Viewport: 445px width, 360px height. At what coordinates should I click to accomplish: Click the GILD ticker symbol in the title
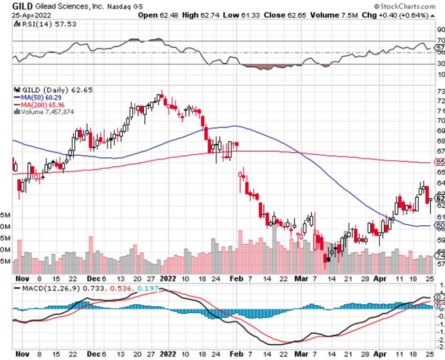click(x=22, y=6)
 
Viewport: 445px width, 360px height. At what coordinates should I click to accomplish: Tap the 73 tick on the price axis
click(x=440, y=91)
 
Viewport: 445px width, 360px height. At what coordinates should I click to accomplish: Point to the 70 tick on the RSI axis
click(x=440, y=40)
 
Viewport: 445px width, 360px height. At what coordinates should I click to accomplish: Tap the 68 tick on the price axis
click(x=440, y=141)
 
